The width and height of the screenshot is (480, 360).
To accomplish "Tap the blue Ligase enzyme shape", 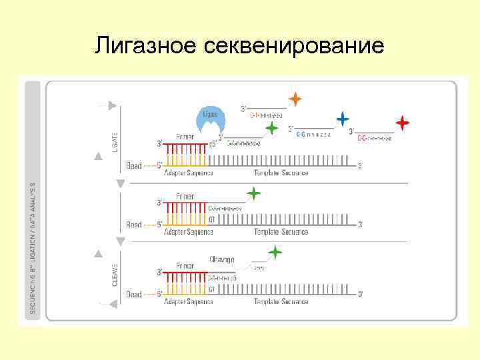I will pyautogui.click(x=210, y=119).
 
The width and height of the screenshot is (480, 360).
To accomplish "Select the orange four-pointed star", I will pyautogui.click(x=295, y=99).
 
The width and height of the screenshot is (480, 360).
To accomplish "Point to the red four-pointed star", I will pyautogui.click(x=402, y=123).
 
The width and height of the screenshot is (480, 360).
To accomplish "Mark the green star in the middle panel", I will pyautogui.click(x=253, y=194).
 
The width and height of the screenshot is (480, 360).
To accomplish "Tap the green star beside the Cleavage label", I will pyautogui.click(x=274, y=253).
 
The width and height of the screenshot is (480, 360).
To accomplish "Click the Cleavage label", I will pyautogui.click(x=221, y=259).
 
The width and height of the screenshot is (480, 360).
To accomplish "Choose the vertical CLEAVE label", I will pyautogui.click(x=115, y=273).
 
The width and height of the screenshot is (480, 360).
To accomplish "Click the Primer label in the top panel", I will pyautogui.click(x=185, y=137).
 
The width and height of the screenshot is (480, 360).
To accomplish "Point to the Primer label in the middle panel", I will pyautogui.click(x=185, y=196).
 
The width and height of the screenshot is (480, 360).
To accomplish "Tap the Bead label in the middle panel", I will pyautogui.click(x=134, y=225).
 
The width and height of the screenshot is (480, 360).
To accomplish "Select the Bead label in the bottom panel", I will pyautogui.click(x=134, y=294).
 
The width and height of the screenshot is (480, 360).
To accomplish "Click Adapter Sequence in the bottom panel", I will pyautogui.click(x=189, y=301).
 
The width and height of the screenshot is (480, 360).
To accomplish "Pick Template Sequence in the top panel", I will pyautogui.click(x=281, y=173).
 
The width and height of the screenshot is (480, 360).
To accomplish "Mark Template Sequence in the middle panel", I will pyautogui.click(x=281, y=232).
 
